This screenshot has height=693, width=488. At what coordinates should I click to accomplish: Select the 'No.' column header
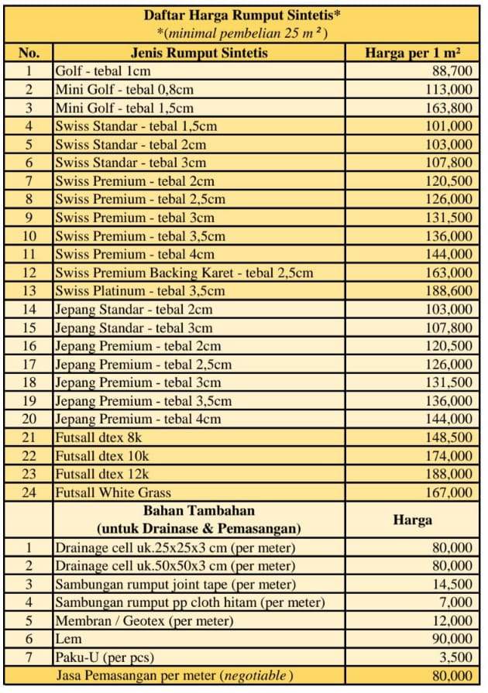coord(29,53)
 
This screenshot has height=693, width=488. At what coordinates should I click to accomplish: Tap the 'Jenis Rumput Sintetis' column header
coord(199,53)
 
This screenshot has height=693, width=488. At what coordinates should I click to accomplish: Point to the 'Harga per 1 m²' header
coord(413,53)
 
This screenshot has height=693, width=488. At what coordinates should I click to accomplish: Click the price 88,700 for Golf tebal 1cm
coord(448,71)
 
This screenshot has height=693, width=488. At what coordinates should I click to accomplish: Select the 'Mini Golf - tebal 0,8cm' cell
coord(124,89)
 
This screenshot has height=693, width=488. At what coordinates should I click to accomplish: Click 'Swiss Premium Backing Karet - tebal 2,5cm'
coord(184,273)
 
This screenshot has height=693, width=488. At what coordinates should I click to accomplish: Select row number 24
coord(29,492)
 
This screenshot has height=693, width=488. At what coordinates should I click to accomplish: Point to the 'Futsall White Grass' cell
coord(112,492)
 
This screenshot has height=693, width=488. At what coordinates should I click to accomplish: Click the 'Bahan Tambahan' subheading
coord(199,511)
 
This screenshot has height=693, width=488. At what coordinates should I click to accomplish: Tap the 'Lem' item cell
coord(64,640)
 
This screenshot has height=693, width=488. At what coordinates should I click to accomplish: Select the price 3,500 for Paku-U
coord(452,658)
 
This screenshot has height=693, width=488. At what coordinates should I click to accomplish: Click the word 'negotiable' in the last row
coord(254,676)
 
